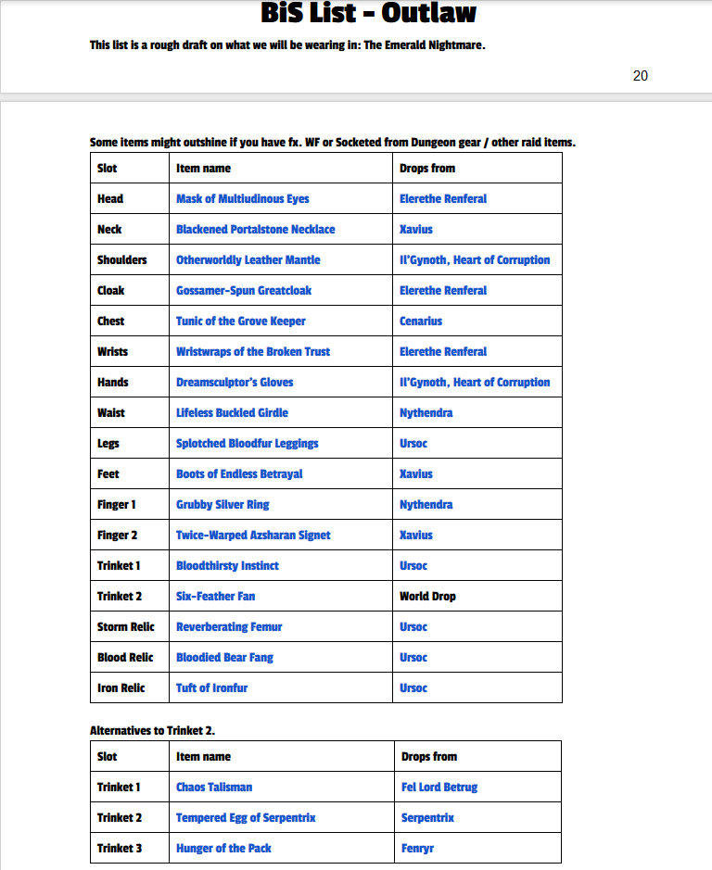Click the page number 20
click(641, 76)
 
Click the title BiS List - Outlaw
click(368, 14)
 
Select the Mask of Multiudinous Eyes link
click(242, 198)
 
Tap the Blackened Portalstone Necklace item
click(255, 229)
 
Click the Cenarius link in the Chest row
click(421, 321)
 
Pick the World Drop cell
click(427, 596)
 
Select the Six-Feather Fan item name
click(215, 596)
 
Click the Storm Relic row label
click(125, 626)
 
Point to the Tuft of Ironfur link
click(211, 687)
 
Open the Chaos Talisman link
click(214, 787)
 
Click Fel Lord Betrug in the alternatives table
click(439, 787)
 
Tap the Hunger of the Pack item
click(223, 848)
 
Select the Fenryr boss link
click(417, 848)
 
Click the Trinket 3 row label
click(120, 848)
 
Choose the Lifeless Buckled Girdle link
click(232, 412)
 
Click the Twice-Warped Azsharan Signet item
click(253, 535)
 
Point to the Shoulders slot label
click(122, 259)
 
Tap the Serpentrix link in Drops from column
click(427, 817)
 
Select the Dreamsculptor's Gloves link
click(235, 382)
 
